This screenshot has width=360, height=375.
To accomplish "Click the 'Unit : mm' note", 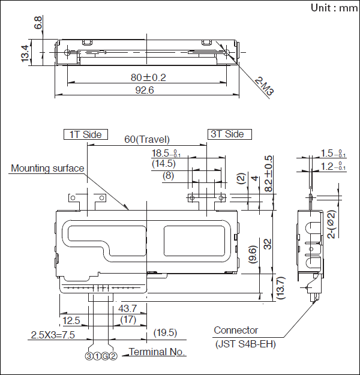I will [x=334, y=8].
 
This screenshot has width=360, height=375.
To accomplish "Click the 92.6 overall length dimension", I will [x=146, y=91].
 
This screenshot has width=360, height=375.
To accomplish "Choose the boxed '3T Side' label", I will [x=229, y=134].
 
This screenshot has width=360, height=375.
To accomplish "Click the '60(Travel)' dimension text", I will [x=147, y=139].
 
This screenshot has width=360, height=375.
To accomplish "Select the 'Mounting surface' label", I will [x=47, y=169].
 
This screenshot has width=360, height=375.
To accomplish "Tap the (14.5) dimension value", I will [x=163, y=163].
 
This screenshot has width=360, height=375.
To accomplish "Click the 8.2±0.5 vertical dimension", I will [x=268, y=174].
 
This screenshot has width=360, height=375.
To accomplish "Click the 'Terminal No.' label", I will [x=157, y=352].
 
